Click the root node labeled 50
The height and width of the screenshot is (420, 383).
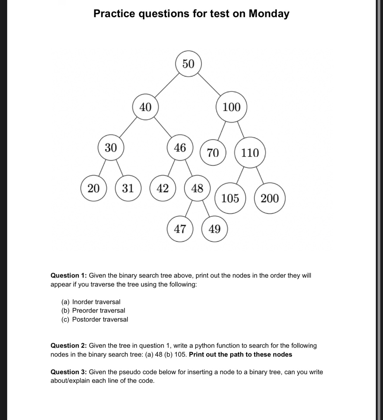pyautogui.click(x=188, y=64)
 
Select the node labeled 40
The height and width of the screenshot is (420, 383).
pyautogui.click(x=145, y=107)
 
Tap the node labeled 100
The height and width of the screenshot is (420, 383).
pyautogui.click(x=232, y=107)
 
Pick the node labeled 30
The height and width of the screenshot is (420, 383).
pyautogui.click(x=111, y=148)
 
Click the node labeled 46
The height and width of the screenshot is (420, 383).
pyautogui.click(x=180, y=148)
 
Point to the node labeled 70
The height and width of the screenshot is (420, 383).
pyautogui.click(x=213, y=153)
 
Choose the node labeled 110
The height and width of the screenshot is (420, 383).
pyautogui.click(x=250, y=153)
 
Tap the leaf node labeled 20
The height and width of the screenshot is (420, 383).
pyautogui.click(x=94, y=188)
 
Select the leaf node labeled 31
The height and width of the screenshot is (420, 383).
pyautogui.click(x=128, y=188)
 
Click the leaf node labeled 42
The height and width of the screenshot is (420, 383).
pyautogui.click(x=163, y=188)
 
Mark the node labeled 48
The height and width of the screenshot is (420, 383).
pyautogui.click(x=197, y=188)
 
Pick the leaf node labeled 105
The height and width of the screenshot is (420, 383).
pyautogui.click(x=230, y=198)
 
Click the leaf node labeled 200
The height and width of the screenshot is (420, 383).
pyautogui.click(x=270, y=198)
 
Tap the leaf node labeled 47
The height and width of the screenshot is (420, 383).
pyautogui.click(x=180, y=229)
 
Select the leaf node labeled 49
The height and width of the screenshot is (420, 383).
pyautogui.click(x=215, y=229)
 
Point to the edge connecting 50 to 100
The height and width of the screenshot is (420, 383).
pyautogui.click(x=210, y=85)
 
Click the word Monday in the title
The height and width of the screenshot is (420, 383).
pyautogui.click(x=269, y=14)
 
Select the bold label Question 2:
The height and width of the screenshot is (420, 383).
pyautogui.click(x=69, y=346)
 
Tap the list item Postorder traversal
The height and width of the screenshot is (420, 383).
pyautogui.click(x=100, y=320)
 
